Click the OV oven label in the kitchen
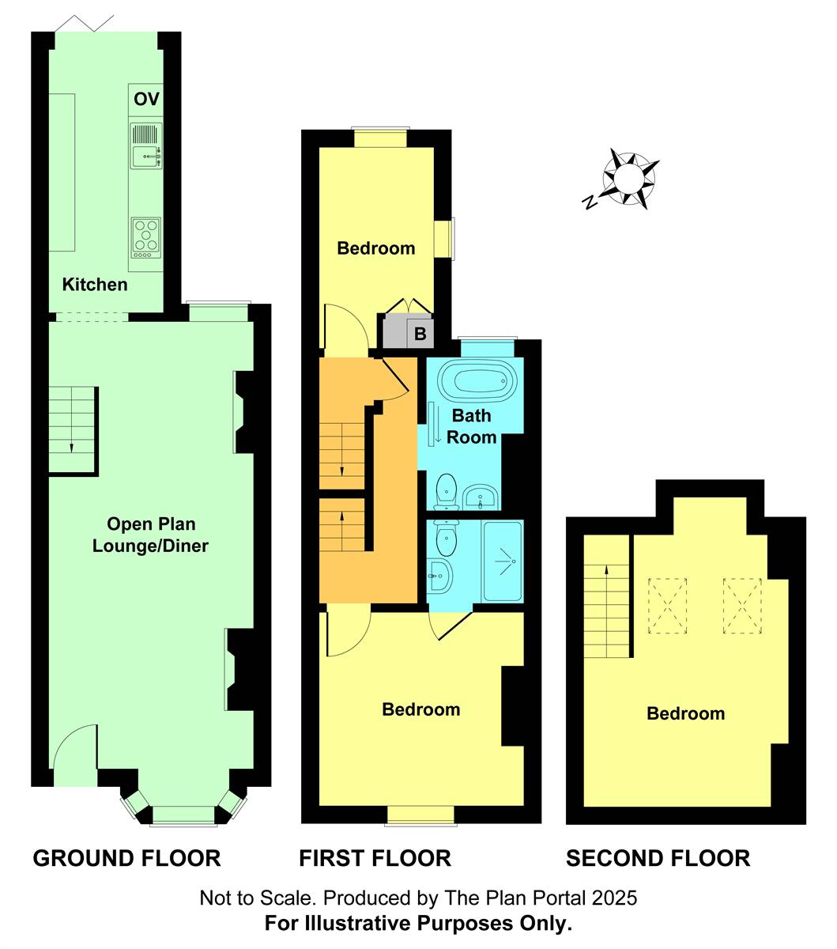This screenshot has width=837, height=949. tap(146, 100)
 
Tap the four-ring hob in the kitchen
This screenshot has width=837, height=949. tap(145, 236)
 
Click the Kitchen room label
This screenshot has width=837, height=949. tap(95, 285)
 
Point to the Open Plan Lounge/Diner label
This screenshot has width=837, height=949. tap(150, 535)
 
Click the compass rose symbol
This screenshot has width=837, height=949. tap(630, 179)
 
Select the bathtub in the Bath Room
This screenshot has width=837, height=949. tap(473, 380)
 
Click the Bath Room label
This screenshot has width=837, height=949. tap(471, 426)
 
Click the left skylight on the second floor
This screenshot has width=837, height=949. tap(668, 606)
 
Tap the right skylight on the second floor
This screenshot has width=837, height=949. tap(742, 606)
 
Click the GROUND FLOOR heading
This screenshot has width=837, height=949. tap(126, 858)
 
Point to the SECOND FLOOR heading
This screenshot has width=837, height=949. tap(658, 858)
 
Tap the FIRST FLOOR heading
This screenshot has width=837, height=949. tap(375, 858)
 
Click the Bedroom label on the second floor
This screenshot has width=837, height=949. tap(685, 714)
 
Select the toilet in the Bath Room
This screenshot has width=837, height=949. tap(446, 490)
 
